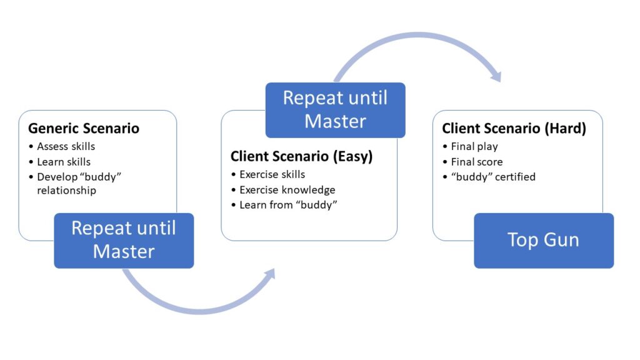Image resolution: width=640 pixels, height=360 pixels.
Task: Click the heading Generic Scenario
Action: [84, 129]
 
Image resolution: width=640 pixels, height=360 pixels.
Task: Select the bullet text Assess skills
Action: [66, 146]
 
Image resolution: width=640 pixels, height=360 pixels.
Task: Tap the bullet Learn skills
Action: [64, 162]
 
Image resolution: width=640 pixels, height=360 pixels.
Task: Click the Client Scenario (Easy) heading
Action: [302, 156]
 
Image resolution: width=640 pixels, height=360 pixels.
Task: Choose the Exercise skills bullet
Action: [272, 174]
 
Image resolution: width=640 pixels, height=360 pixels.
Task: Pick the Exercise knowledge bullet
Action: [287, 190]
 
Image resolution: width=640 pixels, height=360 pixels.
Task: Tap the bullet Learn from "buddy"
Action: [288, 205]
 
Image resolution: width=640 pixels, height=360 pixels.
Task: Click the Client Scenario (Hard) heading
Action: [514, 129]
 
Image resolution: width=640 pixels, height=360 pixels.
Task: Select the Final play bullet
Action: [474, 146]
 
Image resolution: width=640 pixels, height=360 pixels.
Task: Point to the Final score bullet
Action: [477, 162]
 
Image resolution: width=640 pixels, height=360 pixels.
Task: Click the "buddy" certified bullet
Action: [493, 177]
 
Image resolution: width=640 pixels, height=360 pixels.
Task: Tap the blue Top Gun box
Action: [544, 241]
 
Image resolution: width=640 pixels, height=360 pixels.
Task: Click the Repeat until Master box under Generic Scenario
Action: [124, 241]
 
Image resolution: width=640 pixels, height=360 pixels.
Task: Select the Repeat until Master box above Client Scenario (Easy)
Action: [335, 110]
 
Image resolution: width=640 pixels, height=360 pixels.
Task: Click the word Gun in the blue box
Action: [562, 239]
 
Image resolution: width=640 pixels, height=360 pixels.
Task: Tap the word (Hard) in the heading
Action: [565, 129]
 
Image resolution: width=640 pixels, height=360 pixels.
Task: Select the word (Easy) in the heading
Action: [352, 156]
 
